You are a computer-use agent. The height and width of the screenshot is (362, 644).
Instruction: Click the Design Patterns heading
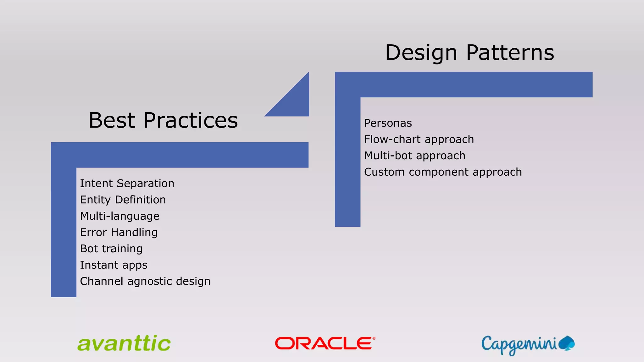coord(469,52)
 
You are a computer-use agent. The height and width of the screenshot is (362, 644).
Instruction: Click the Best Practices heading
coord(163,120)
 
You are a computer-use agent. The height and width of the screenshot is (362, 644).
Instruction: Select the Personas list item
coord(388,123)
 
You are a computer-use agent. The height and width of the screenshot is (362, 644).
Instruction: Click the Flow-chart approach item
coord(419,140)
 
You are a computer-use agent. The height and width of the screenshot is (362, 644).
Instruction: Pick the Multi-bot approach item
coord(414,156)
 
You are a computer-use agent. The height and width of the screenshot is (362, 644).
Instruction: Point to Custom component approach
coord(443,172)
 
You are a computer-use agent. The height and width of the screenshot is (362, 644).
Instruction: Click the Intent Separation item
coord(127,184)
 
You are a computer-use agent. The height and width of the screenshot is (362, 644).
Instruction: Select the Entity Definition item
coord(123,200)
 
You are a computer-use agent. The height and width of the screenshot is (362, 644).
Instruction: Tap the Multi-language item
coord(120,216)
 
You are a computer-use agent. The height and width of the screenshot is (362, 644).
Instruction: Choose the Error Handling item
coord(119,233)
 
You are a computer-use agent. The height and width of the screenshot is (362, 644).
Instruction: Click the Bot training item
coord(111,249)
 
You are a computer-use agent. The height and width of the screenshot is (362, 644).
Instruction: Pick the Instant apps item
coord(114,265)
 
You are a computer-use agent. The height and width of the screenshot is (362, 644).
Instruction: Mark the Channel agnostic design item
coord(145,282)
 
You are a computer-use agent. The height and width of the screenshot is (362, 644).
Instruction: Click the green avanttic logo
coord(124,343)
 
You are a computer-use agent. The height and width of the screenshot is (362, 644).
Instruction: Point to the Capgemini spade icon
coord(567,343)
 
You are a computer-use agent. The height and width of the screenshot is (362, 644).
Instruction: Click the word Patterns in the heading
coord(510,52)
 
